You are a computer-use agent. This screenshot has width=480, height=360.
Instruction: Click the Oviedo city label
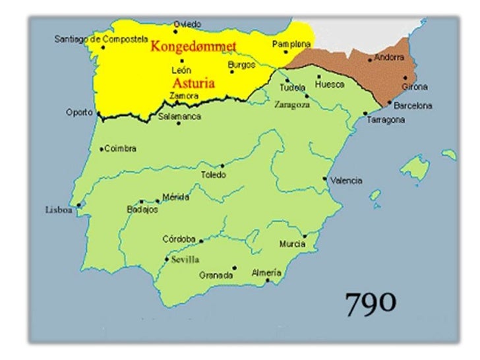coord(187,24)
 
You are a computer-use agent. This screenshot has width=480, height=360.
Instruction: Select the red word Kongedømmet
coord(194,46)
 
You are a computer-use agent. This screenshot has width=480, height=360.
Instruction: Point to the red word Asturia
coord(195,84)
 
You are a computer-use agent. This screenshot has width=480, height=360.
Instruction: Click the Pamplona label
coord(291,44)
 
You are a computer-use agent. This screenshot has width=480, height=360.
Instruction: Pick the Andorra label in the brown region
coord(389,57)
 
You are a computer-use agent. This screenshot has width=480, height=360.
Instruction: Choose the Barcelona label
coord(413,105)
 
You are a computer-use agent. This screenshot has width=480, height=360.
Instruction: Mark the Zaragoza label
coord(292,104)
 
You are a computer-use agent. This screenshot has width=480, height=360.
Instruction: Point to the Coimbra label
coord(121,149)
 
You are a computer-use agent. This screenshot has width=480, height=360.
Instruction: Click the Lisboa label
coord(58,210)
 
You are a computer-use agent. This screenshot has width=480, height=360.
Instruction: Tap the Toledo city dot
coord(222,166)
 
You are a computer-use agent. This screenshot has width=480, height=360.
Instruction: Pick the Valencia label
coord(345,180)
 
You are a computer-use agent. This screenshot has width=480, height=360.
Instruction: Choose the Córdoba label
coord(179,239)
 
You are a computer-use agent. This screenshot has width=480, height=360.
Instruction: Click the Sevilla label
coord(185,259)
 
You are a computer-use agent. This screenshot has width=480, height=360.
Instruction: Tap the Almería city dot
coord(267,281)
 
